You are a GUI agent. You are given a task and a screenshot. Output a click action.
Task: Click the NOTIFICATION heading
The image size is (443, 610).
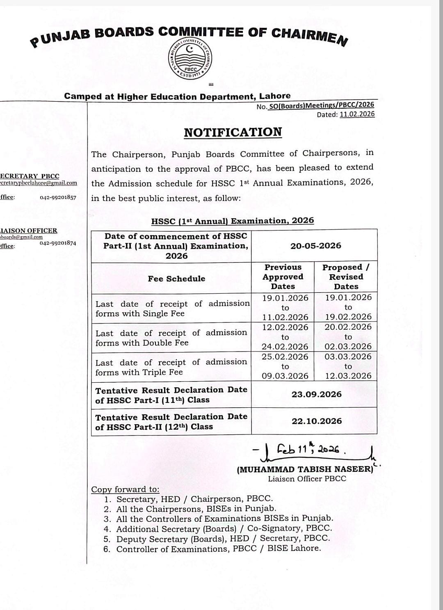(x=233, y=132)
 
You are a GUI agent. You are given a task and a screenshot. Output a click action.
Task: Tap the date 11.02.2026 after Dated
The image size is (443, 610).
(x=357, y=114)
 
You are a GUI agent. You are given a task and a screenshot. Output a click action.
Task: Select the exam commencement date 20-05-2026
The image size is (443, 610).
(x=315, y=246)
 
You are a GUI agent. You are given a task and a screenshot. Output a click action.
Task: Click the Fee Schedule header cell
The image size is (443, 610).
(x=176, y=279)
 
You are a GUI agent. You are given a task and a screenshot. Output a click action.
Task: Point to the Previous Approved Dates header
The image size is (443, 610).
(x=283, y=277)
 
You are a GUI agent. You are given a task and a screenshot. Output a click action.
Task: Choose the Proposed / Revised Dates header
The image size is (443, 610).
(x=346, y=277)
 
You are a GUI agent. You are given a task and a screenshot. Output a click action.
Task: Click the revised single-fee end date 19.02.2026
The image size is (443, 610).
(x=348, y=317)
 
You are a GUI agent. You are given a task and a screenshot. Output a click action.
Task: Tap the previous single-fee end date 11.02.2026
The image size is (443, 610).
(x=285, y=317)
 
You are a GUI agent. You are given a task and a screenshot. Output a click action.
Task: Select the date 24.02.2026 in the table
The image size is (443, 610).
(x=285, y=347)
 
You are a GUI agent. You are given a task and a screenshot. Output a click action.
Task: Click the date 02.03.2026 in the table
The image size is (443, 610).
(x=348, y=346)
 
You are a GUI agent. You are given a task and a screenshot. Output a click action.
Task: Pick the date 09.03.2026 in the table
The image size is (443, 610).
(x=285, y=376)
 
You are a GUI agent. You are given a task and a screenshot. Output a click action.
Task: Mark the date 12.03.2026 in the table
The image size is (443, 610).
(x=348, y=376)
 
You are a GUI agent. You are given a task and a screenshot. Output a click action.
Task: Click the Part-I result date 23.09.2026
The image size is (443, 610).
(x=316, y=394)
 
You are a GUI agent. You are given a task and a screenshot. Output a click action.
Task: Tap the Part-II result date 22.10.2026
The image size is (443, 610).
(x=316, y=421)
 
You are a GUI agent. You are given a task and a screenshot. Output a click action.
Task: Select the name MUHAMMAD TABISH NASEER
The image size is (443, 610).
(x=305, y=469)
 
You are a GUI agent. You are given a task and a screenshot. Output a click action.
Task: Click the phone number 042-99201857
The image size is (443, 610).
(x=58, y=197)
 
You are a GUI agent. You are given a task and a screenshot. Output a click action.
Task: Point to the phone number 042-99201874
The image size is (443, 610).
(x=58, y=243)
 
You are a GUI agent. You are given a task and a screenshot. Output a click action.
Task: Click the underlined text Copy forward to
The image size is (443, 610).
(x=125, y=489)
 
